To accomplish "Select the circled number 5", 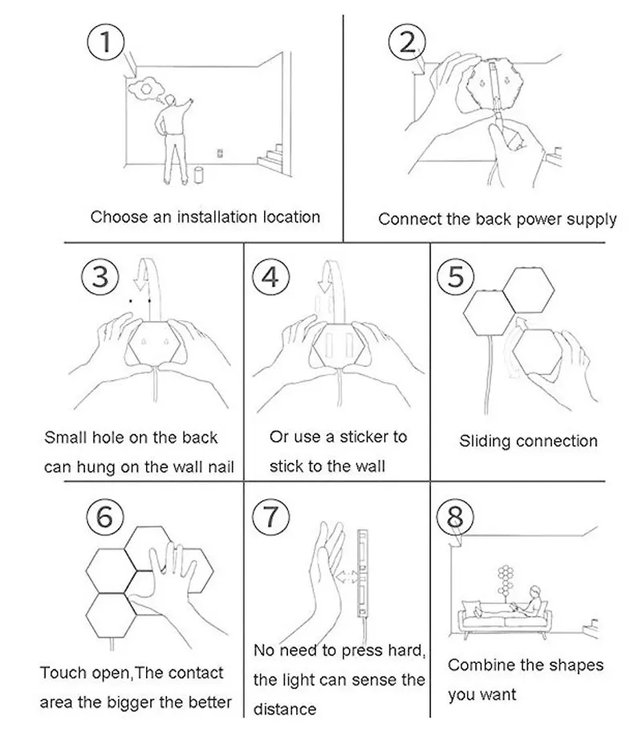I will point(455,277).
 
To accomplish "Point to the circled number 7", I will point(270,518).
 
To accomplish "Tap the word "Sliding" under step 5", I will point(486,441).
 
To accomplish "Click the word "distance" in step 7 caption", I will point(285,709).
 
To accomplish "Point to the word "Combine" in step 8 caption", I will point(477,665).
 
